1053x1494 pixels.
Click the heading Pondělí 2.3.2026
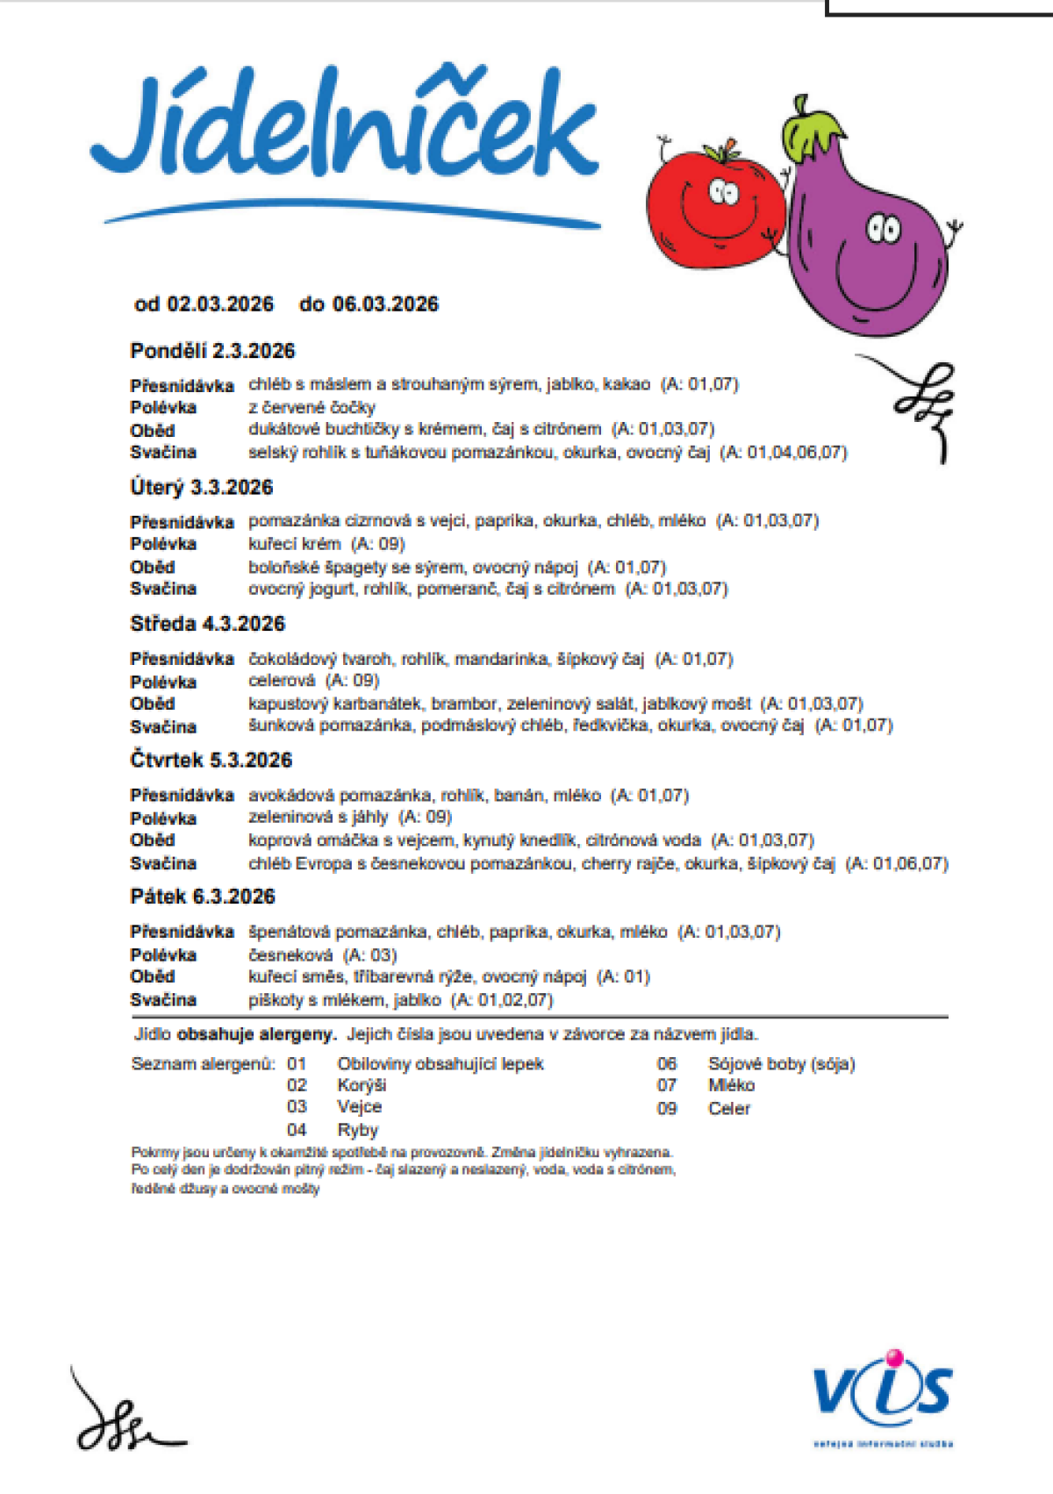click(x=212, y=351)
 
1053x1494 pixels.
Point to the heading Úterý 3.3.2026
click(x=202, y=488)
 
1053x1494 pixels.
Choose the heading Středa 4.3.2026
click(x=208, y=624)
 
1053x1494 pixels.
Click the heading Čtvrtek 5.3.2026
click(x=211, y=760)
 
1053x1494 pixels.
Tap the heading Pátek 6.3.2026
click(x=203, y=897)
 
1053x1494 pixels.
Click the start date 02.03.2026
click(x=220, y=304)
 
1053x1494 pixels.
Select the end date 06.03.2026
click(x=385, y=304)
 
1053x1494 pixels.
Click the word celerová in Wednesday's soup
click(x=282, y=681)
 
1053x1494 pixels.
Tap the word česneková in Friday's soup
click(x=290, y=954)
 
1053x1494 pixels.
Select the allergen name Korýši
click(x=362, y=1085)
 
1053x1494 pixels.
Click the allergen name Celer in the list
click(x=729, y=1108)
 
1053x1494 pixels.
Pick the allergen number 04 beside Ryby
click(x=297, y=1130)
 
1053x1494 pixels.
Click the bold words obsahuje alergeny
click(x=257, y=1034)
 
